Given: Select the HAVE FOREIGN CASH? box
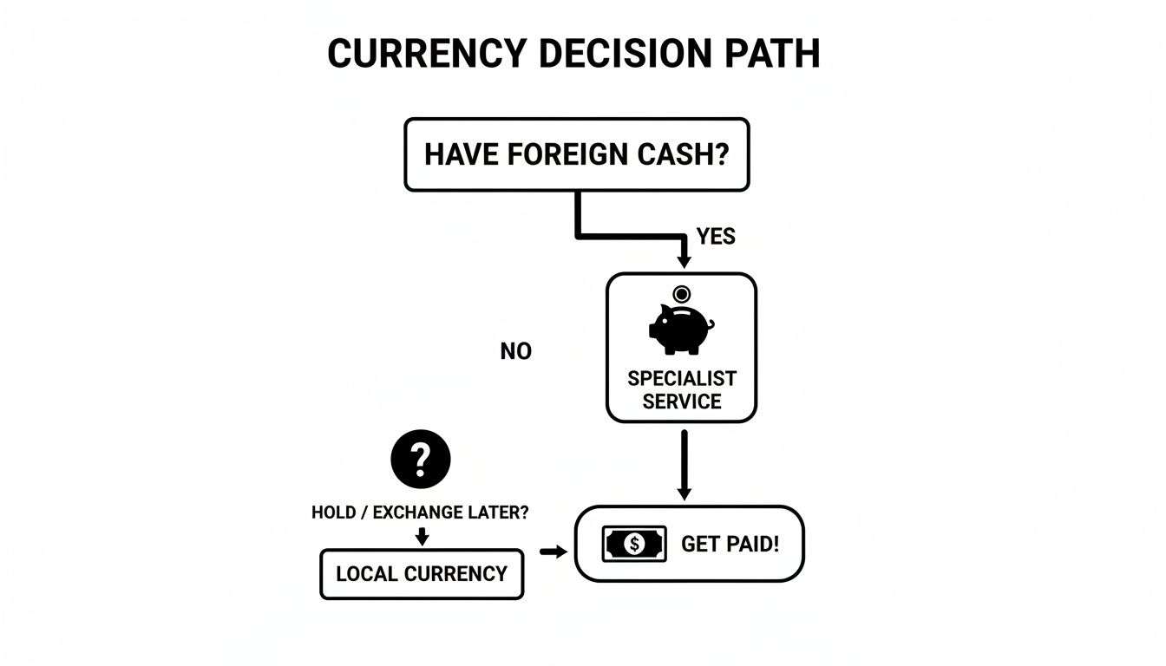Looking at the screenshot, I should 576,154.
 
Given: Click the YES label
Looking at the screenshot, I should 716,237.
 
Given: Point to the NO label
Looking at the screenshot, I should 516,351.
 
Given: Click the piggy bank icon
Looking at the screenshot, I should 679,330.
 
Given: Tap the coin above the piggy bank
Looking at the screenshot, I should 682,294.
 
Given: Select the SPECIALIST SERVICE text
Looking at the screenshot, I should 681,390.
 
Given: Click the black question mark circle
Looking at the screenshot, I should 421,459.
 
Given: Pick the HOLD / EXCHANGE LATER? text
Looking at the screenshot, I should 420,513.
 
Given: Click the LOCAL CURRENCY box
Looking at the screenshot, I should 422,574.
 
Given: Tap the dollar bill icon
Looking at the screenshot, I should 634,545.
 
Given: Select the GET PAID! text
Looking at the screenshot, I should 730,545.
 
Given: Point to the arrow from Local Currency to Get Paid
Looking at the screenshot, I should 552,551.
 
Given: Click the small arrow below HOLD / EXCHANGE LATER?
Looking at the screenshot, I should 422,536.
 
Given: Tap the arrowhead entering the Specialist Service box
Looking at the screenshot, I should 684,260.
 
